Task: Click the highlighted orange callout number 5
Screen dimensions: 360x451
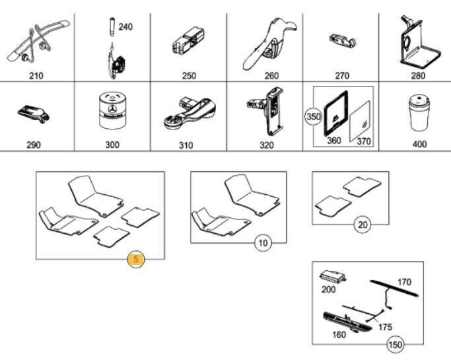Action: pos(135,260)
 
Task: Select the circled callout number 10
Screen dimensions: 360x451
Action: pos(263,243)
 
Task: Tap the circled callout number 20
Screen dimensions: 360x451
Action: pos(363,225)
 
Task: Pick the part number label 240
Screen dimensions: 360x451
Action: pos(125,27)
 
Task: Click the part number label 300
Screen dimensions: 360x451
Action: pos(112,145)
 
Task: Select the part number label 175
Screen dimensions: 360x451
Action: pos(385,327)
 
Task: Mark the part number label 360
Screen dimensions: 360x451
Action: pos(333,141)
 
